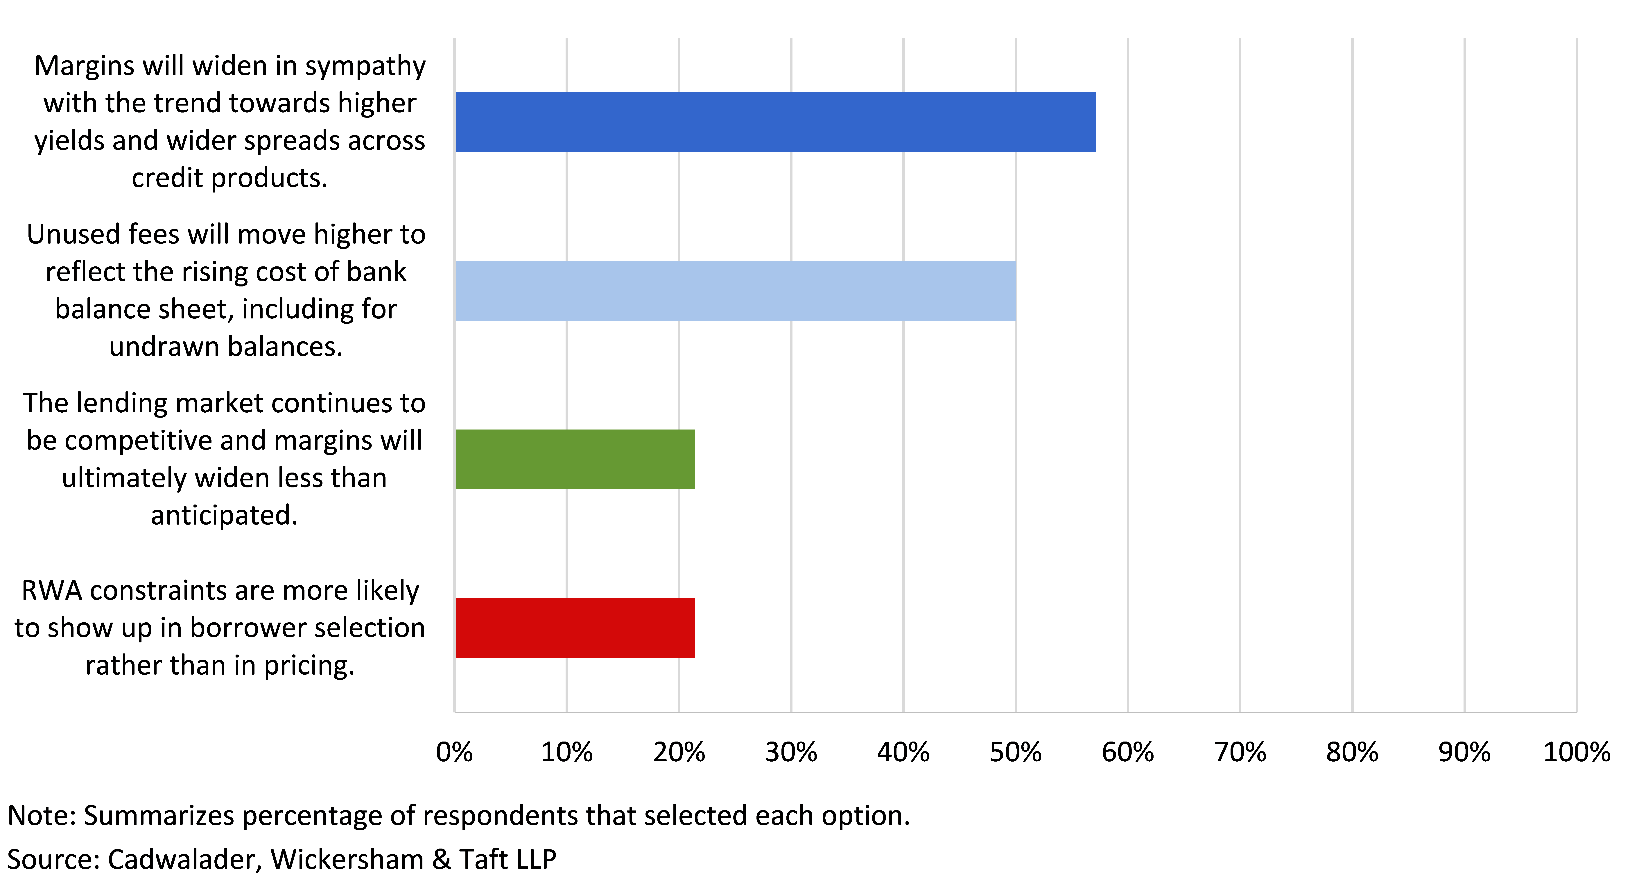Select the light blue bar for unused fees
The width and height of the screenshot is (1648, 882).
pos(735,291)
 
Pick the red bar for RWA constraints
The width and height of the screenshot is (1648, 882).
pos(575,628)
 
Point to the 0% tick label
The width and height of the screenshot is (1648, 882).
pos(454,752)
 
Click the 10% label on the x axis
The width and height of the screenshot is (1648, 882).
pos(567,752)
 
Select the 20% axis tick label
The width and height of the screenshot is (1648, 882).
pos(679,752)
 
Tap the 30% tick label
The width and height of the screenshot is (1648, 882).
pos(791,752)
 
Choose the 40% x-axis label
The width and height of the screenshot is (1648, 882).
pos(903,752)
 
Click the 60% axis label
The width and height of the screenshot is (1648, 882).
pos(1128,752)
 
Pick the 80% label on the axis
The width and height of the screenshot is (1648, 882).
pos(1352,752)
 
